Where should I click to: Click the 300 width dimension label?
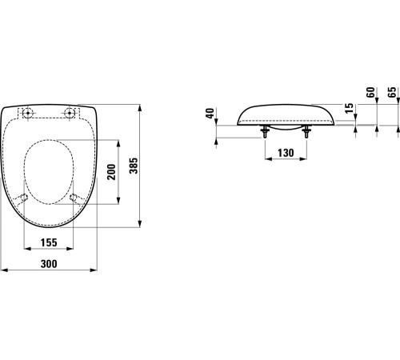tap(49, 264)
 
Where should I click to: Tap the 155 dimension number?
tap(49, 242)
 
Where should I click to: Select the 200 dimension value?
tap(112, 172)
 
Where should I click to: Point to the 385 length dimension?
tap(134, 166)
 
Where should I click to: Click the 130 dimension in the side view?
tap(286, 153)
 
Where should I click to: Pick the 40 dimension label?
tap(210, 114)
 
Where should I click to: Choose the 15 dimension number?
tap(349, 108)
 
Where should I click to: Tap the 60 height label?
tap(370, 92)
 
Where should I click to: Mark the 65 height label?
tap(392, 92)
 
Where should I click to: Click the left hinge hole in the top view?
tap(27, 113)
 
